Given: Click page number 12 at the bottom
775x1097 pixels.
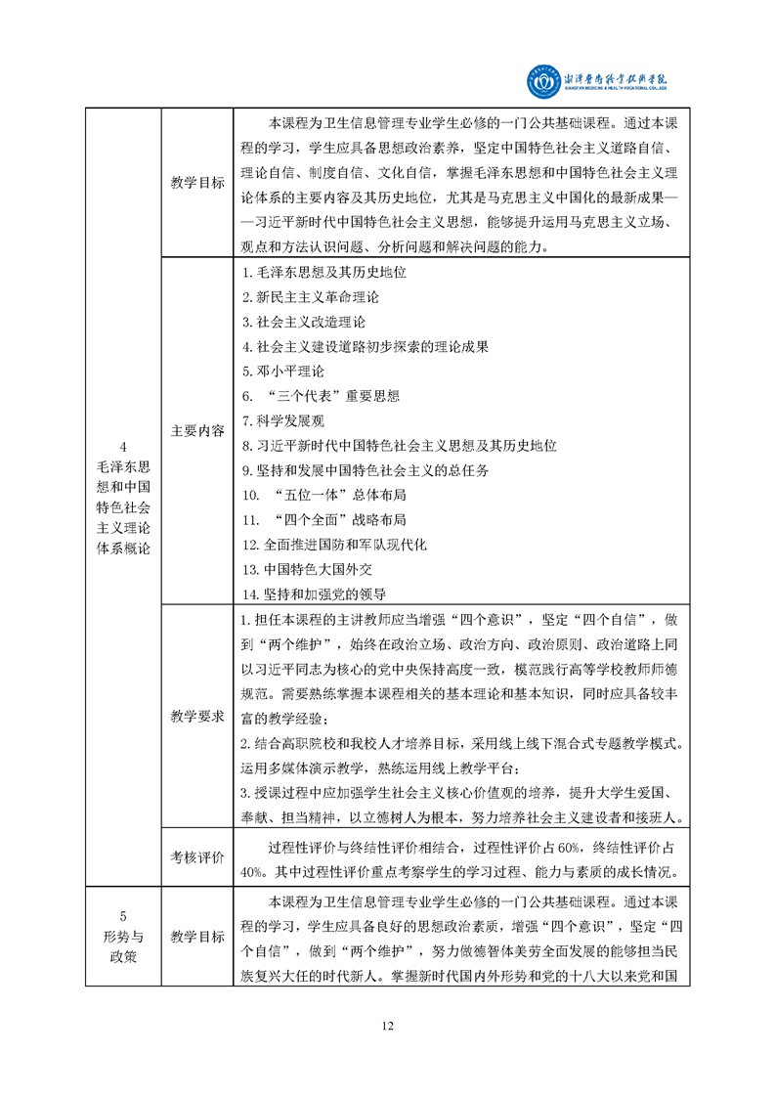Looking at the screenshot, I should point(387,1025).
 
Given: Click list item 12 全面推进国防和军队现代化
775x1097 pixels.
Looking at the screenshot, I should point(333,545).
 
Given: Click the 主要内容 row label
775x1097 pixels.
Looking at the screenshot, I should point(197,430).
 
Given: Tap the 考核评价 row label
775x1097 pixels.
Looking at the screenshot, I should point(197,857).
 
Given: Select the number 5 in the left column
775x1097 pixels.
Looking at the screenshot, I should point(123,916).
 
